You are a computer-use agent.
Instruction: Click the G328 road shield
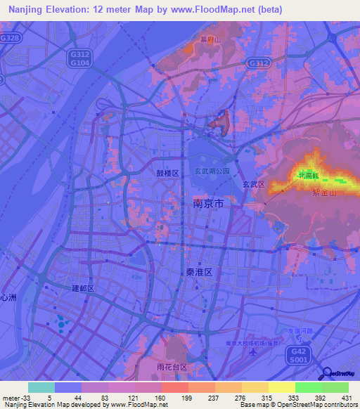click(x=11, y=37)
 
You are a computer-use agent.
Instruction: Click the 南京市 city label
click(x=208, y=204)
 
